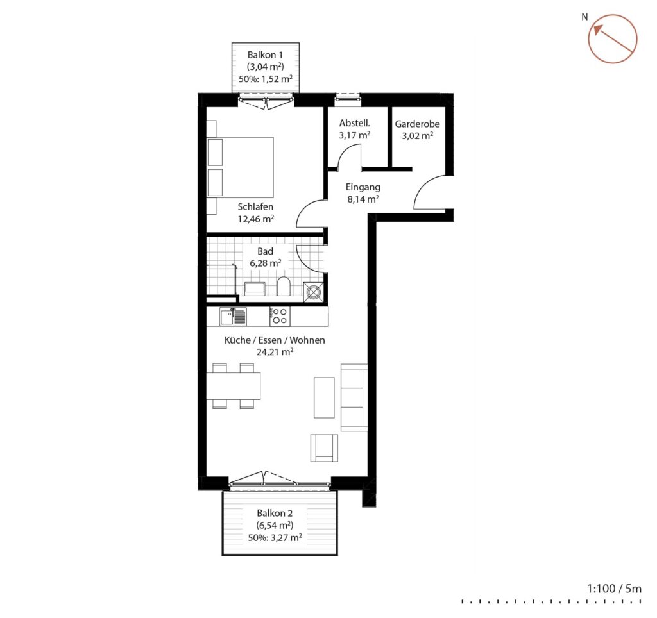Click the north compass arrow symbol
click(x=613, y=39)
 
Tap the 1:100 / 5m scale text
click(x=614, y=589)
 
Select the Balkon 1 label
click(x=265, y=55)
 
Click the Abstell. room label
click(x=354, y=123)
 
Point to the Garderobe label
click(x=417, y=124)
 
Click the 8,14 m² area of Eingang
click(x=363, y=199)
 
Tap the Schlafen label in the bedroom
click(x=255, y=206)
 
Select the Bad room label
click(x=265, y=251)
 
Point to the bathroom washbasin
click(x=255, y=288)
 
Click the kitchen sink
click(x=233, y=316)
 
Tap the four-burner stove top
click(x=280, y=316)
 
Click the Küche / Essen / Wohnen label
click(x=275, y=340)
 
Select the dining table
click(x=234, y=386)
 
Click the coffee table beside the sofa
click(x=324, y=397)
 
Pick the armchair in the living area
click(x=324, y=447)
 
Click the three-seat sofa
click(x=354, y=397)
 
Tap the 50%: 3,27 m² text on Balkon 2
click(x=275, y=538)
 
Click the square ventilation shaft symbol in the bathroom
click(x=314, y=292)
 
